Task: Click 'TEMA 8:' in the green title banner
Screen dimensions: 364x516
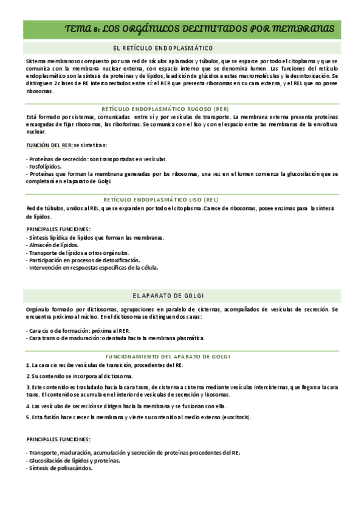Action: (81, 29)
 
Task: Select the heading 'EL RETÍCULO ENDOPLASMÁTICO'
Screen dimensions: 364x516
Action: (163, 48)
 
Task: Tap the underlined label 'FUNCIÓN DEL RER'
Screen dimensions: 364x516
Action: (49, 145)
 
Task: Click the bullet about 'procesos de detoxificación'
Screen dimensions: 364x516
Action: (80, 260)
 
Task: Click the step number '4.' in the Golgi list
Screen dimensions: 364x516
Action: (28, 406)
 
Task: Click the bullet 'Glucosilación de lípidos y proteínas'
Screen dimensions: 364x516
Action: (74, 461)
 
